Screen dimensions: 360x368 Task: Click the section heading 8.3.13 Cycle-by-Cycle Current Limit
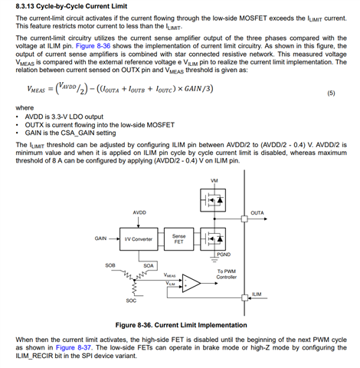71,6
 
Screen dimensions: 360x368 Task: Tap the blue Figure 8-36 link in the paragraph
93,46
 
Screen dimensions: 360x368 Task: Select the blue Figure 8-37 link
74,347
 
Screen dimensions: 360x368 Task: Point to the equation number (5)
331,93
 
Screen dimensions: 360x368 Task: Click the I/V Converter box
139,239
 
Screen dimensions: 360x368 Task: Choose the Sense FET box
178,239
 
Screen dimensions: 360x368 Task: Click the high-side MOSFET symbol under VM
213,200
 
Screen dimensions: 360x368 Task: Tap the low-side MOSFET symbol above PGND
213,239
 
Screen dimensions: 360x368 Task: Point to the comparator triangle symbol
191,283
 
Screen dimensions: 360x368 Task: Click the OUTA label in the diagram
257,213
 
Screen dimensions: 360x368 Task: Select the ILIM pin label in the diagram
257,294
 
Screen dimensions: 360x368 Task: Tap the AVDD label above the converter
139,212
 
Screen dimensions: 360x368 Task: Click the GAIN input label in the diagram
100,238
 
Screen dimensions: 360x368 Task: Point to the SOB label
110,265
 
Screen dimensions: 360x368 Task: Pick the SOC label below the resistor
131,301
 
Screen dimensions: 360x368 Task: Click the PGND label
224,255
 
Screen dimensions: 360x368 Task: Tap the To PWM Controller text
227,274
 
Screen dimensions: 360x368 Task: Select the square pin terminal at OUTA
244,219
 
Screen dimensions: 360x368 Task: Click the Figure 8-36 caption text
181,325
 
